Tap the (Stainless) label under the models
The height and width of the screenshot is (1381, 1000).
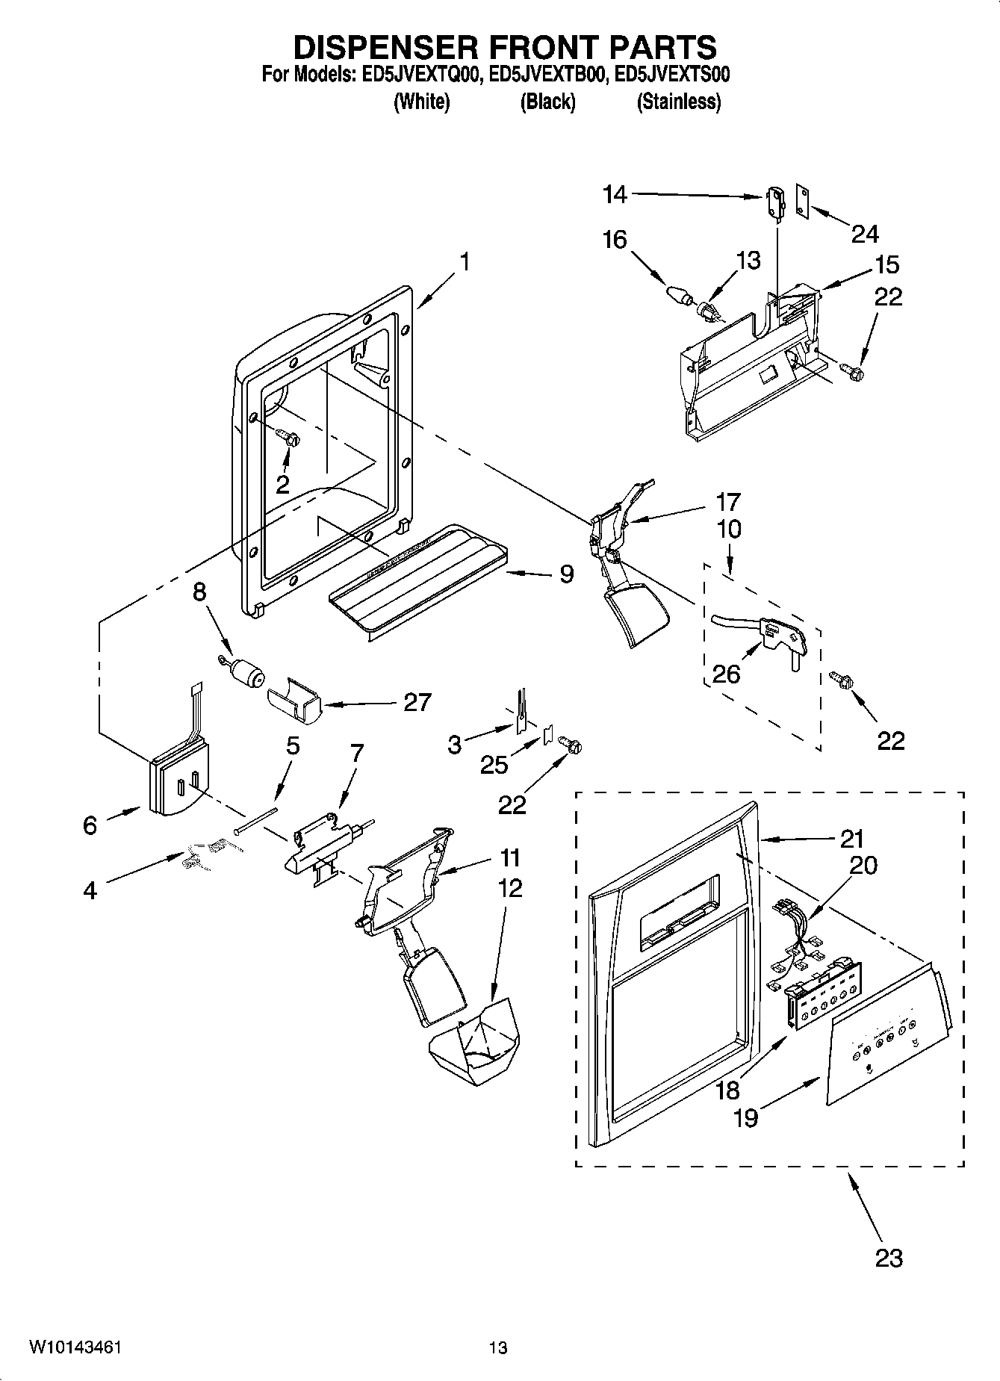(x=678, y=102)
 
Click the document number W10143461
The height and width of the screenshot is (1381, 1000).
(x=75, y=1347)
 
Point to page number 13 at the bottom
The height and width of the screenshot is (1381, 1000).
(x=498, y=1347)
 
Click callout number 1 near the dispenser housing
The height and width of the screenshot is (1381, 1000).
(x=465, y=262)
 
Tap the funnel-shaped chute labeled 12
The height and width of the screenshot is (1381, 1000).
(x=474, y=1044)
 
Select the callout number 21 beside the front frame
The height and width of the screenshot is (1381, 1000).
(x=851, y=839)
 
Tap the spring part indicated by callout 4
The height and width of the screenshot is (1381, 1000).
(x=203, y=853)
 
